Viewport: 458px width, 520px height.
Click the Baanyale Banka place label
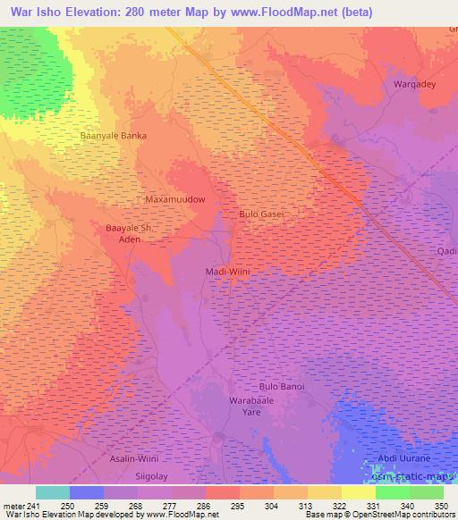(113, 136)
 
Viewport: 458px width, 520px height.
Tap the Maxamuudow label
(176, 199)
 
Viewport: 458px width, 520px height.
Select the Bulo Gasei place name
(262, 214)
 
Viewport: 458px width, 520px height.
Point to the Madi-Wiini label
(226, 271)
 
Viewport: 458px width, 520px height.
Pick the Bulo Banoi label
(282, 386)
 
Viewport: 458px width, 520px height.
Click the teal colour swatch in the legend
(53, 492)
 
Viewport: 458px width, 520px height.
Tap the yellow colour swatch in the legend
(359, 492)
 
